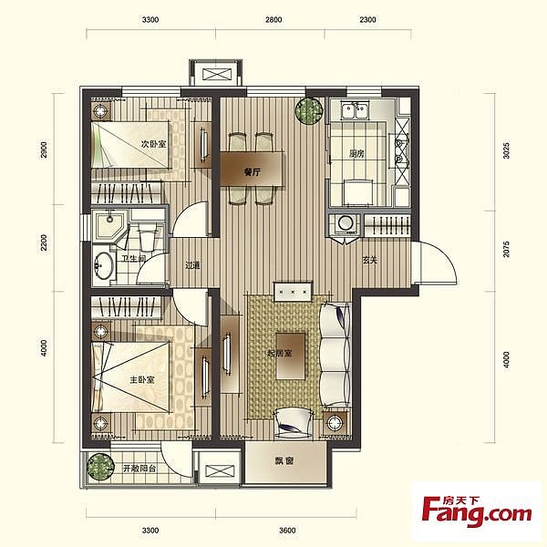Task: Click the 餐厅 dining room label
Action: click(x=253, y=172)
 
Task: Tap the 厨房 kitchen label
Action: click(x=356, y=153)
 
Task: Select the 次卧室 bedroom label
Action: click(x=153, y=144)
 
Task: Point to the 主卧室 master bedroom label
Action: click(x=142, y=379)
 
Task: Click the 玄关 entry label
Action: click(x=370, y=260)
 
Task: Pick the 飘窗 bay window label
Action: click(x=284, y=460)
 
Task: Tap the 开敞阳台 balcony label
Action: click(x=139, y=469)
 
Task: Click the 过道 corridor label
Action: click(x=193, y=265)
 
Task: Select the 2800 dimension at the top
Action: click(x=273, y=19)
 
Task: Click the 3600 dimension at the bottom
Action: click(x=287, y=531)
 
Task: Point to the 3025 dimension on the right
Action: click(x=506, y=150)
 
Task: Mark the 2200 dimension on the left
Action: click(x=44, y=243)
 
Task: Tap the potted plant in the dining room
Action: click(x=309, y=110)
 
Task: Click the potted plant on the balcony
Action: click(x=100, y=467)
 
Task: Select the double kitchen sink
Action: click(x=355, y=110)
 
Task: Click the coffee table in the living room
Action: click(x=291, y=356)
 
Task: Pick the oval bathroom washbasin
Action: click(x=103, y=265)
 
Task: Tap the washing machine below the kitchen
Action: click(x=345, y=224)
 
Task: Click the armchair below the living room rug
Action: click(x=293, y=422)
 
